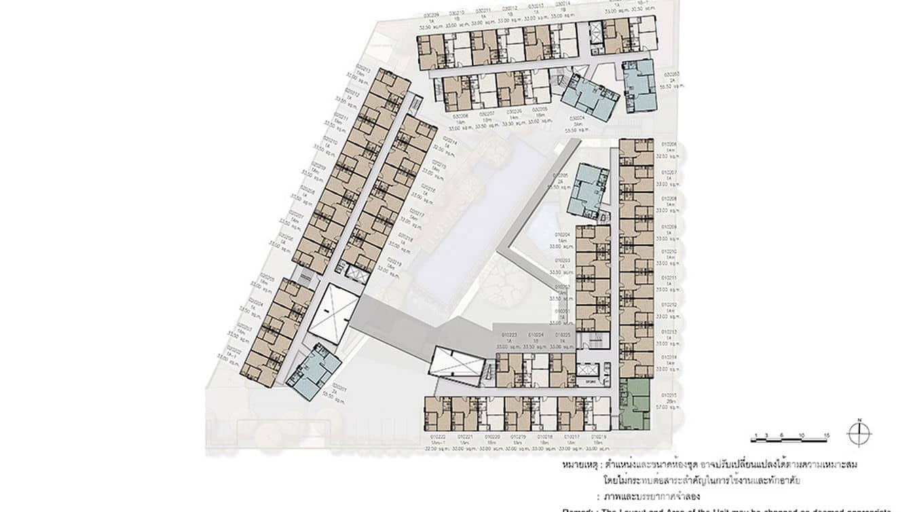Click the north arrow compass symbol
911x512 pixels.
[859, 433]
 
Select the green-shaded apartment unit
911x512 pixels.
[634, 404]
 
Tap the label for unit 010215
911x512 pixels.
[669, 395]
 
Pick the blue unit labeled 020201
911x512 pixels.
[313, 371]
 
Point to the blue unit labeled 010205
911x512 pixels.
[588, 190]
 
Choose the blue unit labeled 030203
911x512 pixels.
[639, 86]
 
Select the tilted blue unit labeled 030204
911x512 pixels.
[589, 97]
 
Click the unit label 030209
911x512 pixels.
[430, 14]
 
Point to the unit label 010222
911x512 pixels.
[437, 437]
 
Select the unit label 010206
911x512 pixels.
[669, 144]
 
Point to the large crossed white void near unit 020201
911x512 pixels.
[333, 313]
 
